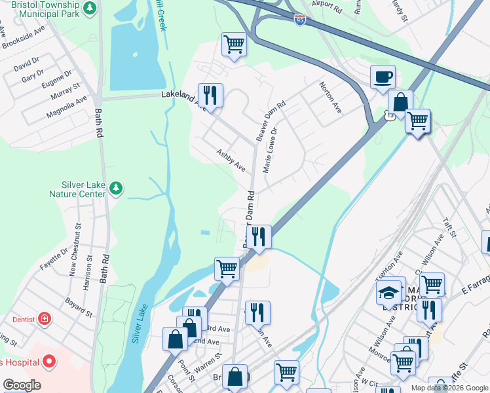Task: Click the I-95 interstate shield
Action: [299, 20]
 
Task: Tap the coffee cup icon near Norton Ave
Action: [383, 77]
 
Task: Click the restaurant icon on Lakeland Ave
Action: [210, 95]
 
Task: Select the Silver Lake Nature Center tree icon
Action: [116, 189]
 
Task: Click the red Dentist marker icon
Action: [44, 319]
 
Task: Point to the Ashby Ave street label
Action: [231, 160]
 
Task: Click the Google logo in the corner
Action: [22, 385]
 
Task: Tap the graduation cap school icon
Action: [388, 292]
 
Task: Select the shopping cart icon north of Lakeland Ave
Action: [234, 45]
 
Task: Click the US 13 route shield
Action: [389, 116]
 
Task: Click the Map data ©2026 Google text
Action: [449, 388]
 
